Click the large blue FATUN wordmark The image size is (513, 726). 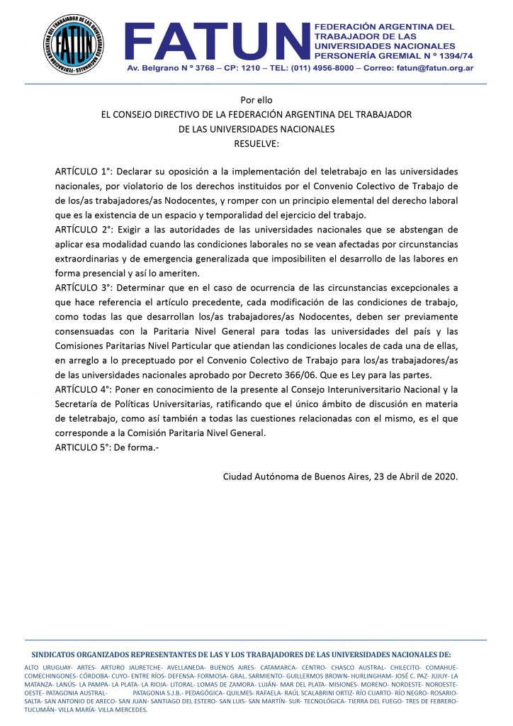217,40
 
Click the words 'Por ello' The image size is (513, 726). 256,100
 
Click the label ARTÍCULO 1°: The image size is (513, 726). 84,172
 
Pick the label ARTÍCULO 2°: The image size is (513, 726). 84,230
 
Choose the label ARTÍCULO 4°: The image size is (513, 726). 84,389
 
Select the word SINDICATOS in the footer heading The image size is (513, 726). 58,655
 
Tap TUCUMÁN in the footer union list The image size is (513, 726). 40,708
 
